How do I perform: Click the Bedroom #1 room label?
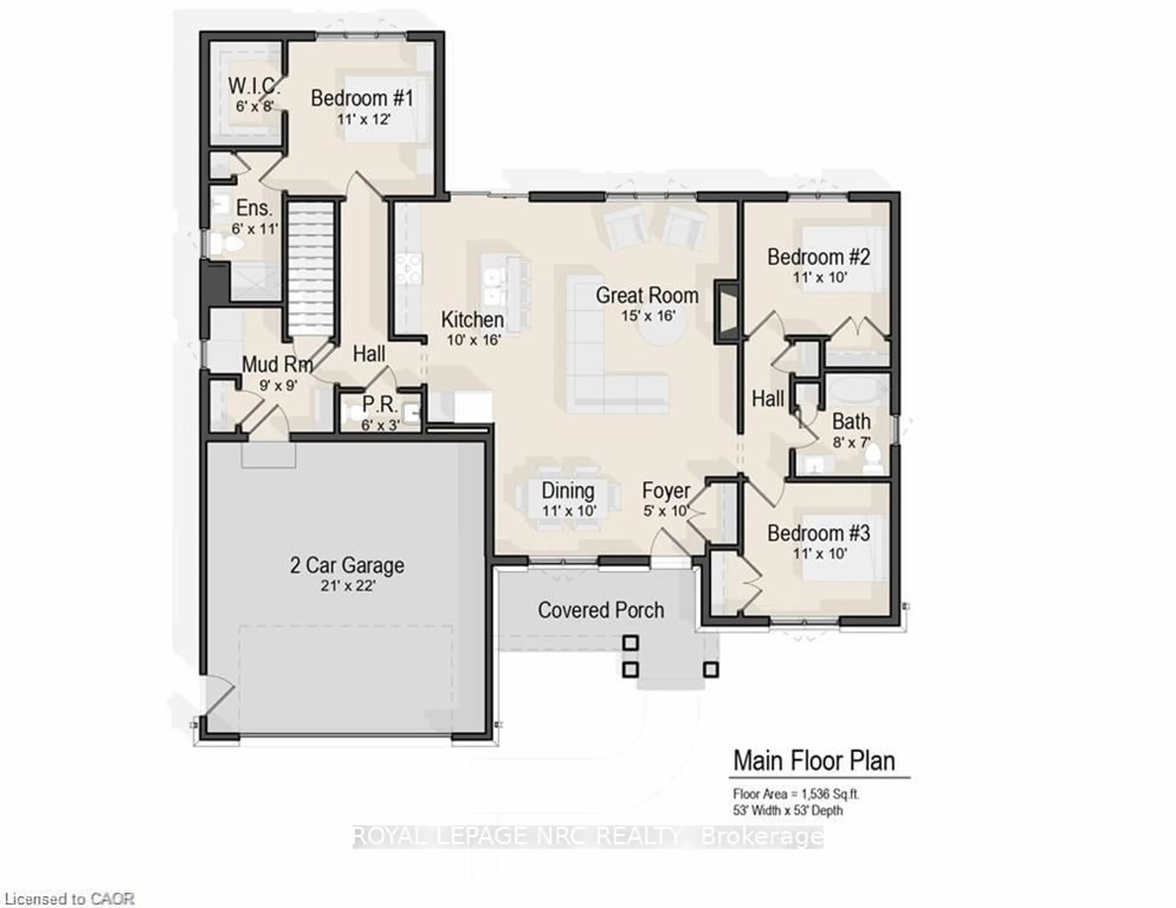click(x=362, y=99)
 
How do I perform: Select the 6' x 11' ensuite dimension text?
click(x=255, y=229)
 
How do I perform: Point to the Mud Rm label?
click(x=277, y=364)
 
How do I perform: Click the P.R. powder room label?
click(x=380, y=404)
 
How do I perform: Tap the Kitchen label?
click(x=472, y=320)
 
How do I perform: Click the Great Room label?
click(x=647, y=296)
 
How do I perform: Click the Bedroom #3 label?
click(x=818, y=533)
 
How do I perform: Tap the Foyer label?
click(x=665, y=491)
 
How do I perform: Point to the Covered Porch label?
click(x=600, y=610)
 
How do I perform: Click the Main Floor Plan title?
click(x=814, y=761)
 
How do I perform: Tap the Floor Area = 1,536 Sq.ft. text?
click(x=796, y=794)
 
